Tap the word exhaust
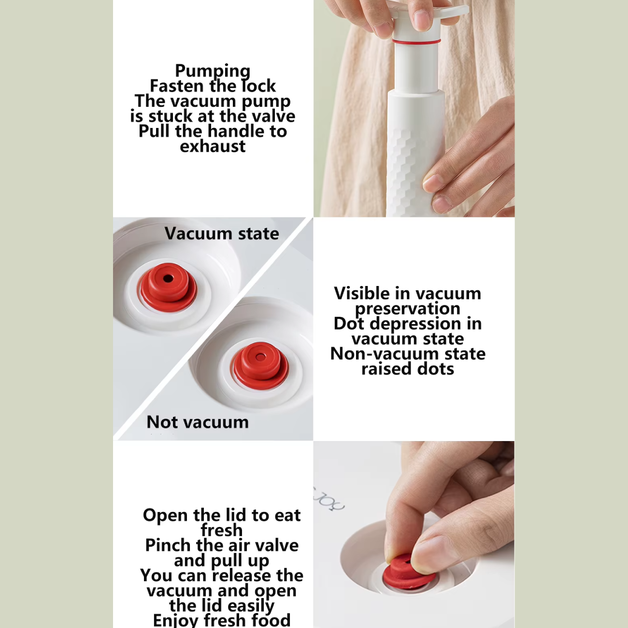(213, 146)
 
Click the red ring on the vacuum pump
(416, 42)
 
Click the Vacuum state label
(222, 233)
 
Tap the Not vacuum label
(198, 422)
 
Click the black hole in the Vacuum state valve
(168, 279)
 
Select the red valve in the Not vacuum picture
(260, 366)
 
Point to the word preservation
(407, 309)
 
